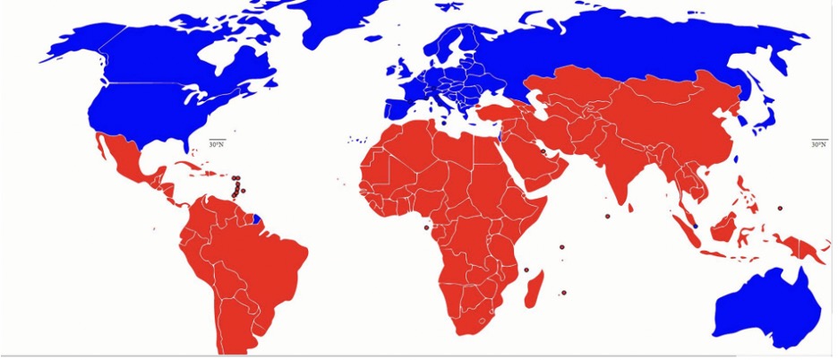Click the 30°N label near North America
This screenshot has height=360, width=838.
(x=217, y=144)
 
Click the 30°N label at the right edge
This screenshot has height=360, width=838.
(x=818, y=144)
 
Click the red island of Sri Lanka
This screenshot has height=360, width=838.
(x=633, y=207)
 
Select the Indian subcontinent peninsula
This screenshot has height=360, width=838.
(x=618, y=175)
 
